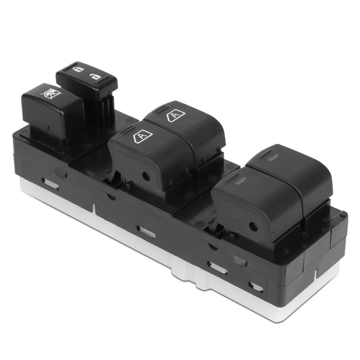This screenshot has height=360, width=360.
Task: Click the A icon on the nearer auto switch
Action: tap(143, 136)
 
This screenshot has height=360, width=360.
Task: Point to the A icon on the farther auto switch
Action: tap(175, 115)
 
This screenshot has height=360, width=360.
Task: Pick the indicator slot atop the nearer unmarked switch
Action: tap(238, 181)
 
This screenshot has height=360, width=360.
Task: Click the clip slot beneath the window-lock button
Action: tap(51, 182)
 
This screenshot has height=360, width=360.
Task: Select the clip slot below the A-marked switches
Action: tap(146, 231)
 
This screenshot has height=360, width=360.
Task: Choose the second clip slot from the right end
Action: tap(218, 267)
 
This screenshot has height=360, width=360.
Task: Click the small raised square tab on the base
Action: tap(239, 259)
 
